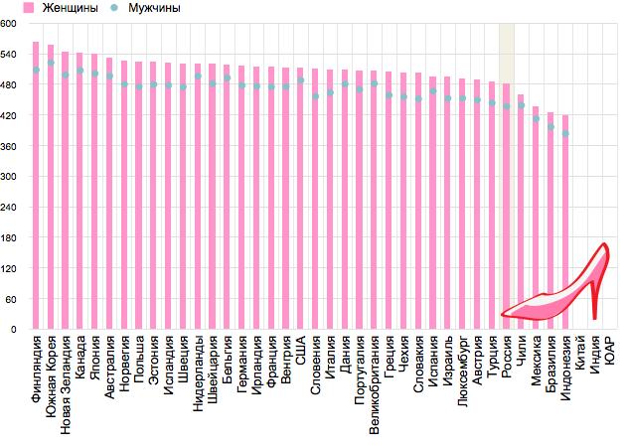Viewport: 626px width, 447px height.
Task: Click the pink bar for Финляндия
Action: [36, 189]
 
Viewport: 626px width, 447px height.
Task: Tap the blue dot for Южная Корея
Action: [51, 64]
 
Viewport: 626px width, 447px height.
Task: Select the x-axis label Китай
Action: [580, 354]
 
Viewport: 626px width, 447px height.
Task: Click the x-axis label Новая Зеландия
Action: [66, 384]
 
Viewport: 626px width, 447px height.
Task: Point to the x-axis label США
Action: [300, 351]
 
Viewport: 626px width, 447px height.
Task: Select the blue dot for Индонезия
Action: [565, 133]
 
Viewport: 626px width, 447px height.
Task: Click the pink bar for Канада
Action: [79, 189]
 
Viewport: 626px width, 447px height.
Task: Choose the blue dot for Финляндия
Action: [36, 70]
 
